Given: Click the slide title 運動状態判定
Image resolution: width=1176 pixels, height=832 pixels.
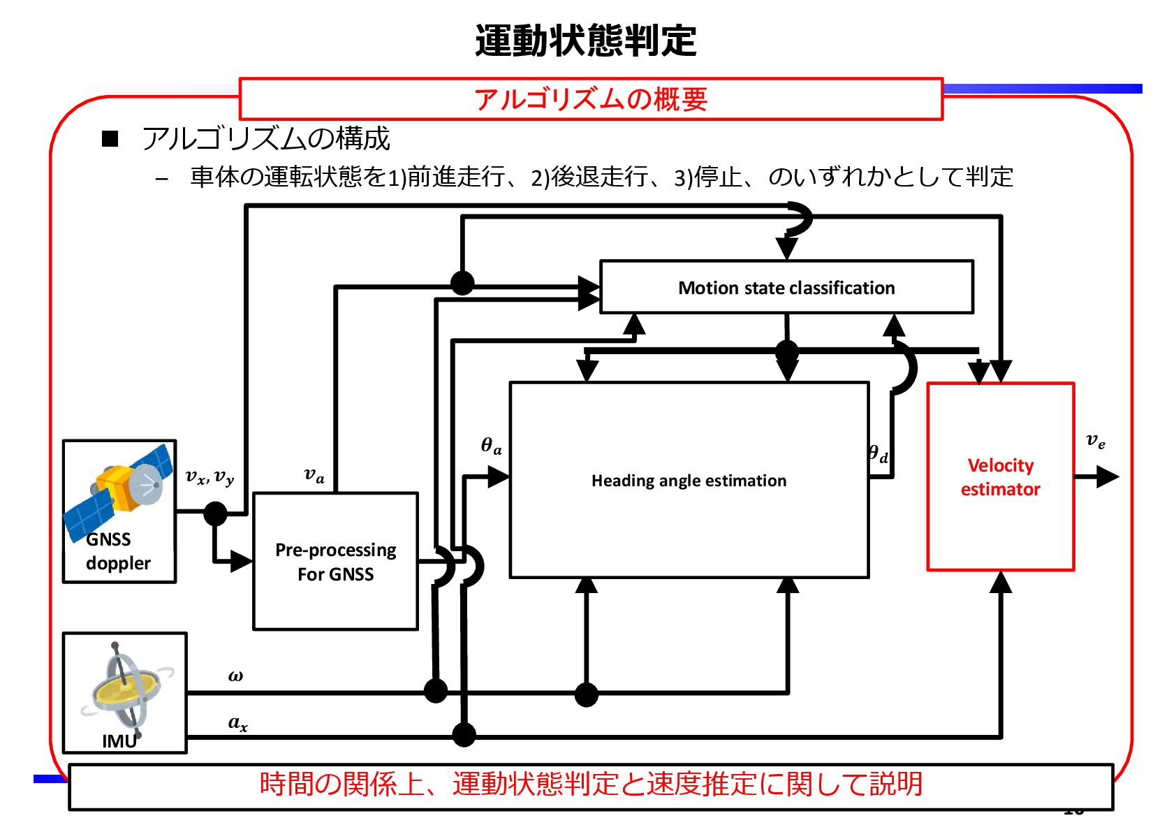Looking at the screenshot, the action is [585, 41].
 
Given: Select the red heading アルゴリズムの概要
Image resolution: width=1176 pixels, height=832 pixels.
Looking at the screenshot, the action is [591, 99].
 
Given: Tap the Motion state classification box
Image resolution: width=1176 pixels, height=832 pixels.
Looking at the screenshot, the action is [786, 287].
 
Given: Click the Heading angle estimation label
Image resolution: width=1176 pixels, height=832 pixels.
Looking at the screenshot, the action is [689, 481].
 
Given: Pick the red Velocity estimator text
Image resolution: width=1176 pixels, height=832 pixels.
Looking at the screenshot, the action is [1000, 477].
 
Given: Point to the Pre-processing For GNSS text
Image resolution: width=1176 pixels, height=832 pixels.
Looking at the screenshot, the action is [335, 562].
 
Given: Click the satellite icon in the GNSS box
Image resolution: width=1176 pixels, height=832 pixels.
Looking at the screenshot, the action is [119, 490].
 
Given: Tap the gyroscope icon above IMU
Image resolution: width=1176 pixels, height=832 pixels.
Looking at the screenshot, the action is [126, 688].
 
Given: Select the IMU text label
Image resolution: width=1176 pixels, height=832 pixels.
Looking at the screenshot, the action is [119, 741].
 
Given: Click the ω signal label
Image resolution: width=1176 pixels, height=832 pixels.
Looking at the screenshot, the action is [235, 676].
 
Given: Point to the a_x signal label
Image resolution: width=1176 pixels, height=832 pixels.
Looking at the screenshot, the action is [238, 723].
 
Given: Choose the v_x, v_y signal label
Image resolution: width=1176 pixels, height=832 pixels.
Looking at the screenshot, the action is [210, 477].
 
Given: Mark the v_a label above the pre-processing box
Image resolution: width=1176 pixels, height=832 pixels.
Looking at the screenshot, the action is [314, 475].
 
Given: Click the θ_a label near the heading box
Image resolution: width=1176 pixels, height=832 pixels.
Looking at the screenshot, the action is [492, 446].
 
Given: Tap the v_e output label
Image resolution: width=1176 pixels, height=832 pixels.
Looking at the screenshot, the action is [1096, 441].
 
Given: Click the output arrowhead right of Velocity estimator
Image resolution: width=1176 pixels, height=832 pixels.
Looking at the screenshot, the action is [1108, 477].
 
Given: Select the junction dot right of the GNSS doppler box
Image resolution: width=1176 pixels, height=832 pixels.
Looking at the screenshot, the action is [215, 513].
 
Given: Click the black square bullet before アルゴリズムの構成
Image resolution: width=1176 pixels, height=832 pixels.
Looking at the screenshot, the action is [110, 139].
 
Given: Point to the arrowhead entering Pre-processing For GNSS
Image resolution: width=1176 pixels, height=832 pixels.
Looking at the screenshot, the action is [242, 561].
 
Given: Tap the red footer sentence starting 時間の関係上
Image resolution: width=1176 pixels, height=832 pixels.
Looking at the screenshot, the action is [591, 784].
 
